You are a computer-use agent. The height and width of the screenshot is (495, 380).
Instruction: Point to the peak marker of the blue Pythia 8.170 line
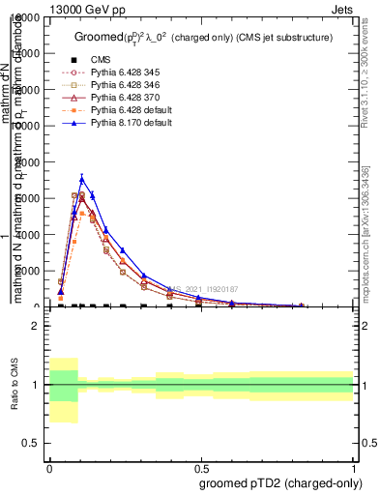tap(82, 178)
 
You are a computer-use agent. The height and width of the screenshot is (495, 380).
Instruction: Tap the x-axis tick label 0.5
tap(201, 466)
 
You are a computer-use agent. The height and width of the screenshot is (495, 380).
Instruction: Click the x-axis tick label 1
tap(353, 466)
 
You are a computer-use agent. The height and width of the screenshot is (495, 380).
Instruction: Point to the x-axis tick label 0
tap(49, 466)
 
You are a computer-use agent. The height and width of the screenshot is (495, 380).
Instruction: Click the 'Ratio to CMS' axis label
tap(15, 385)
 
